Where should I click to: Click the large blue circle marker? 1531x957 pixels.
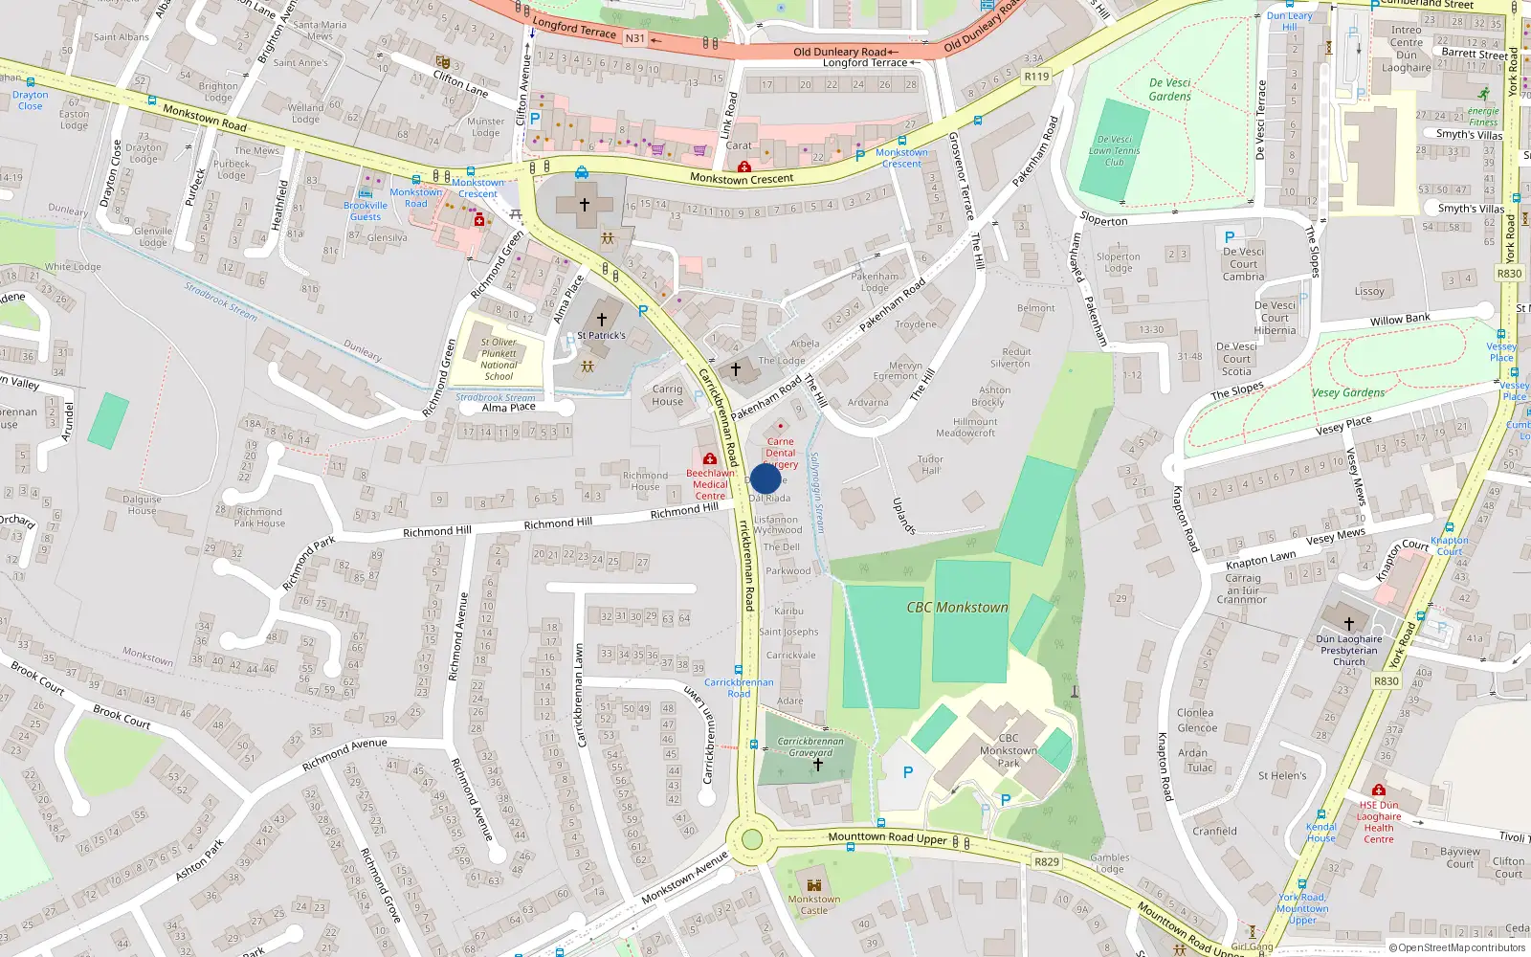(x=765, y=478)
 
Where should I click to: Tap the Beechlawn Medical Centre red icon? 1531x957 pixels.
(x=710, y=459)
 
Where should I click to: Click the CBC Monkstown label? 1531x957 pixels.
(x=957, y=608)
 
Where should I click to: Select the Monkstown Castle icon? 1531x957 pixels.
(x=814, y=885)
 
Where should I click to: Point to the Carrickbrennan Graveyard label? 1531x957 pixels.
(x=810, y=746)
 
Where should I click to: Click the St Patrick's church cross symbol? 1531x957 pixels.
(x=602, y=319)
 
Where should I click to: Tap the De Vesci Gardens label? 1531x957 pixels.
(x=1169, y=89)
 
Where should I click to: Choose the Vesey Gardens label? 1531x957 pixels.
(x=1347, y=392)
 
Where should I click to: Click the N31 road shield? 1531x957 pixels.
(x=635, y=38)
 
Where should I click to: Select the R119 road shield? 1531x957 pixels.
(x=1036, y=76)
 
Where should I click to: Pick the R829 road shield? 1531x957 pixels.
(x=1047, y=861)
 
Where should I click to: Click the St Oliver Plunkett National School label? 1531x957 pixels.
(x=499, y=359)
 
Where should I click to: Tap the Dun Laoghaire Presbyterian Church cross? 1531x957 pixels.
(x=1349, y=623)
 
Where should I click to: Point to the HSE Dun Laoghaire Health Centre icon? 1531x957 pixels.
(x=1378, y=790)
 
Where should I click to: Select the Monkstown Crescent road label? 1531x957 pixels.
(x=742, y=179)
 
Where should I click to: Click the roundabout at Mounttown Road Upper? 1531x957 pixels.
(x=752, y=839)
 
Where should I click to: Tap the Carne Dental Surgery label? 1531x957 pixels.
(x=780, y=453)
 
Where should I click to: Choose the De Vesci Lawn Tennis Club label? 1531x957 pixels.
(x=1115, y=150)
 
